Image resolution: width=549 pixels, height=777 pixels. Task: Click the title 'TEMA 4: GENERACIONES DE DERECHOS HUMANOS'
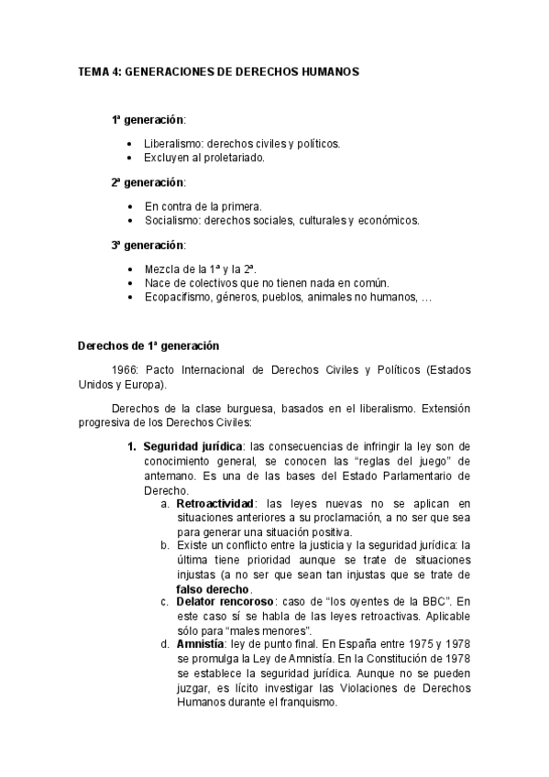click(x=218, y=71)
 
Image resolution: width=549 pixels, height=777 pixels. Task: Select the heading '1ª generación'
click(x=147, y=120)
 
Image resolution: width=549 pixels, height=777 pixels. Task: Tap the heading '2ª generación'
click(x=147, y=182)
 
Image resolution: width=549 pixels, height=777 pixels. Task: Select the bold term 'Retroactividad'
click(x=214, y=504)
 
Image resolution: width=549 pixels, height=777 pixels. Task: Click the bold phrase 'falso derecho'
click(x=212, y=588)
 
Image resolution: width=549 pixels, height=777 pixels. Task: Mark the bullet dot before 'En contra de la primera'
click(x=133, y=207)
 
